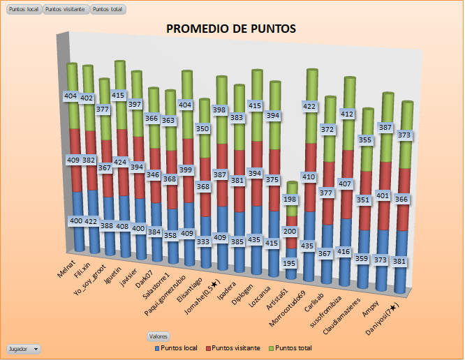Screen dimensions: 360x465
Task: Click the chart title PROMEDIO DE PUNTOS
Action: click(x=231, y=29)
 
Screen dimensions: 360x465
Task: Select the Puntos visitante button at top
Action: click(x=66, y=10)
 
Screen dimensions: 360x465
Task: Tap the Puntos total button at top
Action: click(x=108, y=10)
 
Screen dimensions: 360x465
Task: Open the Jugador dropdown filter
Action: click(x=23, y=347)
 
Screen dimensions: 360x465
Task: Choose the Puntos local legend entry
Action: click(x=178, y=347)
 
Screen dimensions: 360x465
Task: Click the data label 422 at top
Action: click(x=309, y=106)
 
